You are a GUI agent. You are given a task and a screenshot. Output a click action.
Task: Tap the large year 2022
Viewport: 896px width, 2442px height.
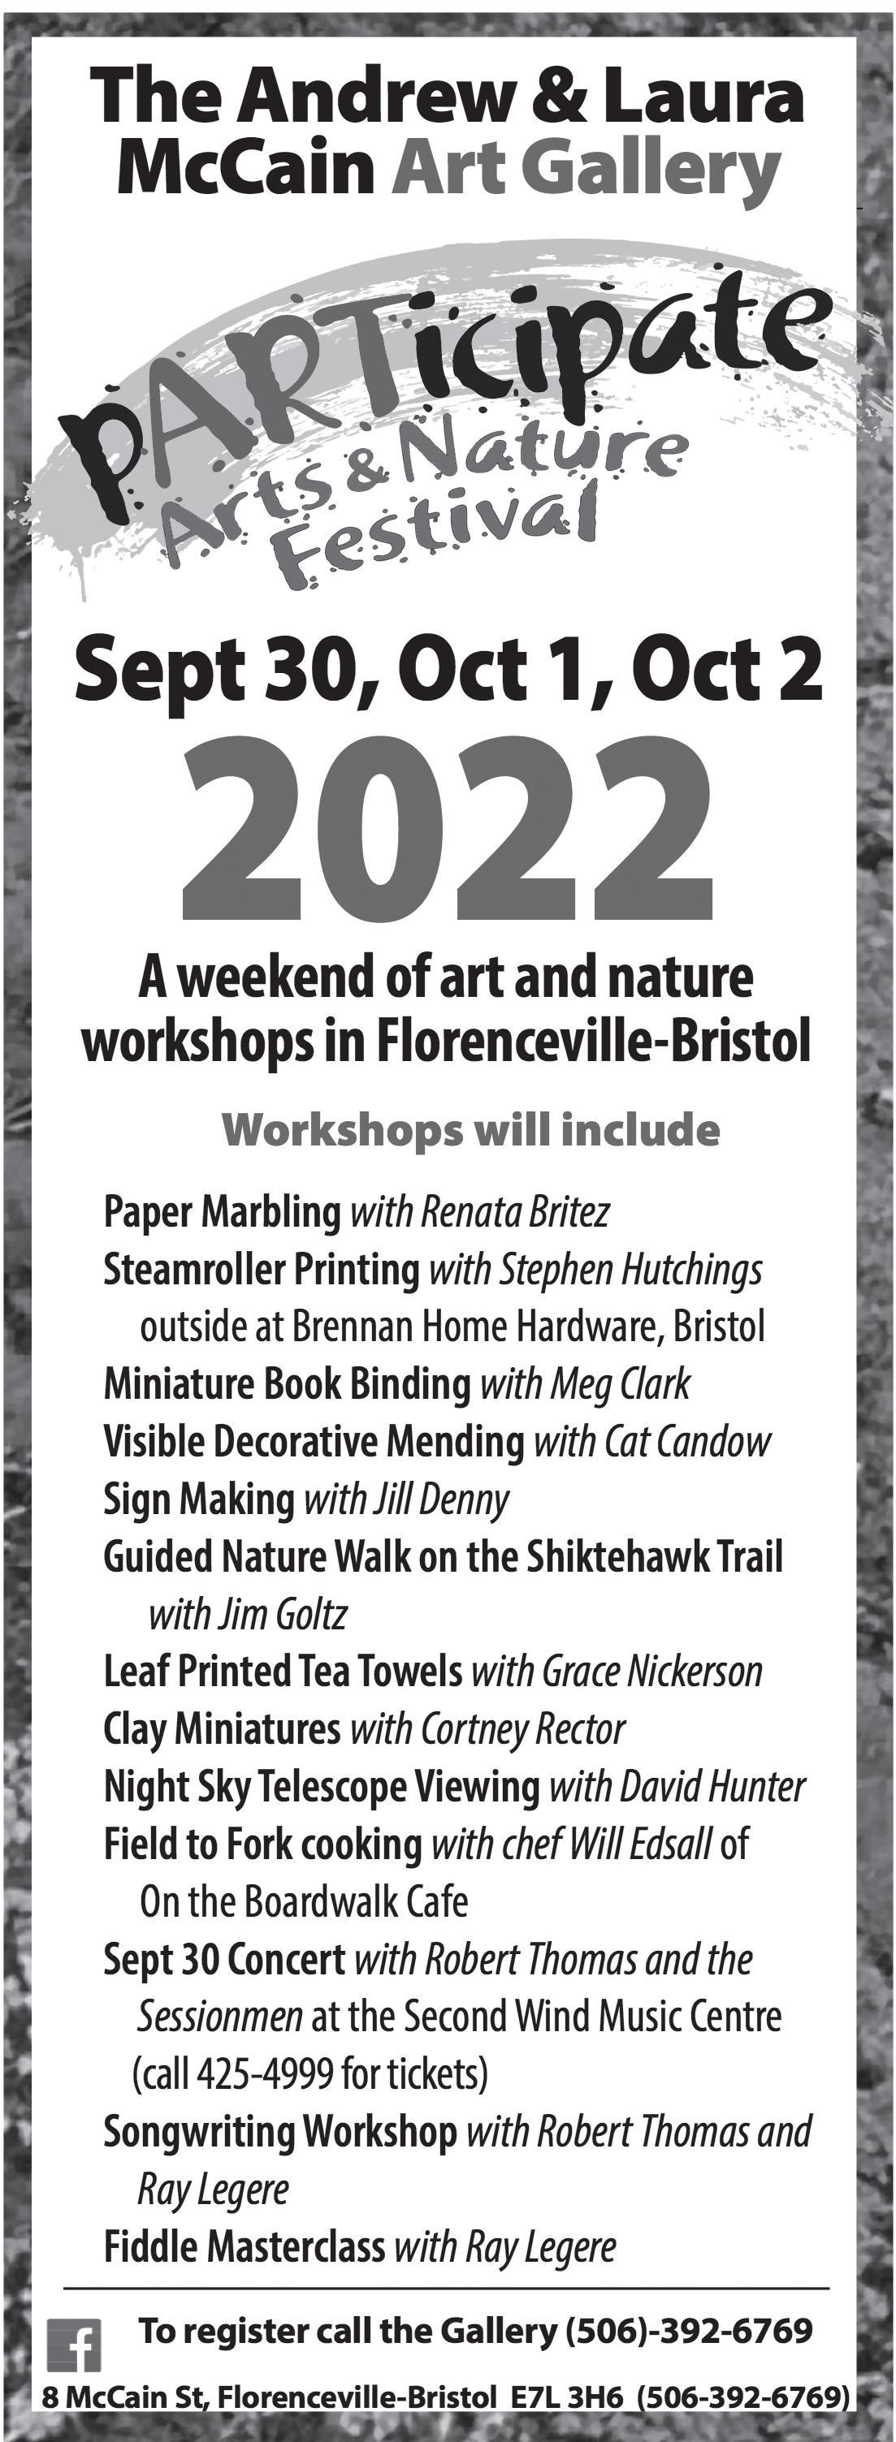(x=447, y=835)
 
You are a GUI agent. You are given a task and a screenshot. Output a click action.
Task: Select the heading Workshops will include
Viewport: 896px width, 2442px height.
(x=470, y=1130)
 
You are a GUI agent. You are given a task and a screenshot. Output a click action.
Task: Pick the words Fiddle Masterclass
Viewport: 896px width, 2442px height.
(x=245, y=2246)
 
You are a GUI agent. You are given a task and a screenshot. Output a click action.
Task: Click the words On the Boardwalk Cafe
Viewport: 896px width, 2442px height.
(x=304, y=1903)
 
